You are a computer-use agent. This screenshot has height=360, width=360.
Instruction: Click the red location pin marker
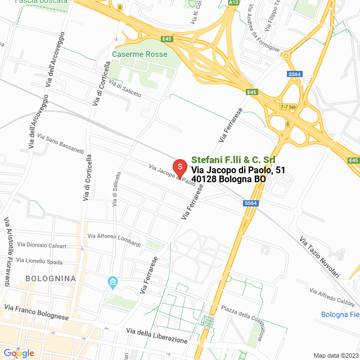179,168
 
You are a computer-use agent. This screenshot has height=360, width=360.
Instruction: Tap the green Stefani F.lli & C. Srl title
233,160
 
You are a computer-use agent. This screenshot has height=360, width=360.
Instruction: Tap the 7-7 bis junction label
288,107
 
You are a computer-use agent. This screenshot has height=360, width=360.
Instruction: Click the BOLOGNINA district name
51,278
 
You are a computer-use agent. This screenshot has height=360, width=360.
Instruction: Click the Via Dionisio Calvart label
42,245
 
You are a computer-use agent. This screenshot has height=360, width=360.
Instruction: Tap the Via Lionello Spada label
39,261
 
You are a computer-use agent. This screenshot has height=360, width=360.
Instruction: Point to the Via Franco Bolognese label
36,312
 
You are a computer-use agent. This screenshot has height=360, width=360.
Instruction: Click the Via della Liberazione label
157,336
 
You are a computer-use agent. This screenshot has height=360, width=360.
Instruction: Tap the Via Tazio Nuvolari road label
319,257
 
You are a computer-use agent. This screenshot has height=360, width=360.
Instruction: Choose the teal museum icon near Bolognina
112,281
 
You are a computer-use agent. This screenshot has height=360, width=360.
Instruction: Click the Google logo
19,353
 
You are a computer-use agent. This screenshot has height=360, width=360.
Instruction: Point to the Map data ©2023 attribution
335,355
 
